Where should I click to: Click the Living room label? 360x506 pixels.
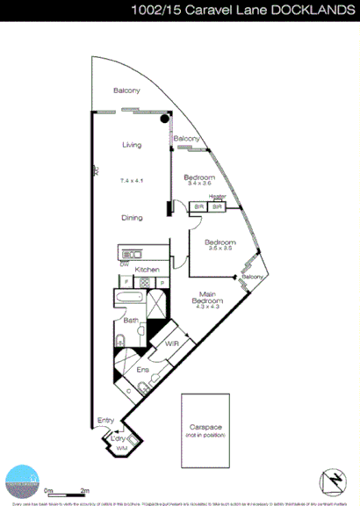[131, 146]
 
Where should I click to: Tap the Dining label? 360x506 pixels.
[131, 217]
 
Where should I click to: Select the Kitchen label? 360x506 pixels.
[147, 269]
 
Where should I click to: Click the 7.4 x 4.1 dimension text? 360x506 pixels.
[131, 180]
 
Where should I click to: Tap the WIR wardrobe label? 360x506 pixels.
[172, 344]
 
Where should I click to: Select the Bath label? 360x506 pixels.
[130, 321]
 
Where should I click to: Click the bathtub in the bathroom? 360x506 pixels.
[132, 299]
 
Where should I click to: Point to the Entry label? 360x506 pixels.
[105, 420]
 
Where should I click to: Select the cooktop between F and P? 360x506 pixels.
[144, 282]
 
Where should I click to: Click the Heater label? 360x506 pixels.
[219, 197]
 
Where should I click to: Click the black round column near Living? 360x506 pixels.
[164, 119]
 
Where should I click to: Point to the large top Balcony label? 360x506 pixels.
[127, 90]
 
